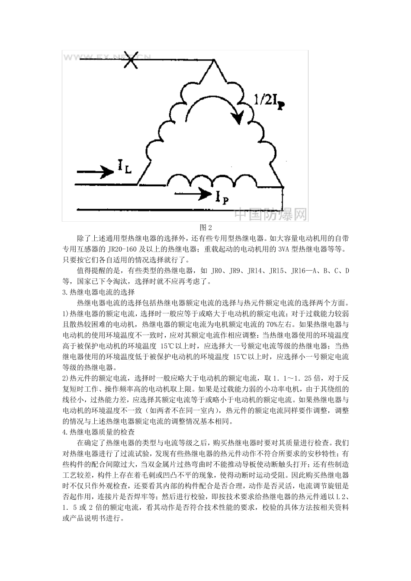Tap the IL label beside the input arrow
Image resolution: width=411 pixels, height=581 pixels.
click(124, 167)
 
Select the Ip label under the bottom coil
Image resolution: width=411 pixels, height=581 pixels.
click(222, 197)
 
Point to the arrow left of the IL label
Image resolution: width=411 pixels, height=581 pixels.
click(94, 172)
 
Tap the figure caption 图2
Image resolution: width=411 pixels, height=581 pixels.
click(205, 227)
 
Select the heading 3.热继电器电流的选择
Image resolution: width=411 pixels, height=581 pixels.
click(99, 293)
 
